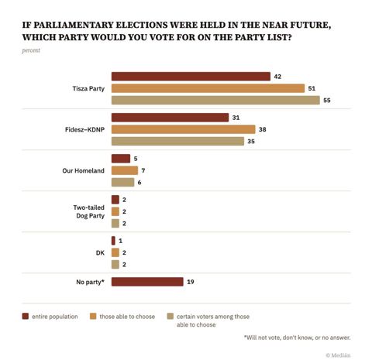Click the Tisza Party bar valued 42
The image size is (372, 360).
tap(191, 77)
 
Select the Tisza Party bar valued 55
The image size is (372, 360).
tap(215, 100)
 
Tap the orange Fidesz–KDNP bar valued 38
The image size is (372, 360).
tap(184, 129)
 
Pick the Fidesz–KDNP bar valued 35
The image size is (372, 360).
tap(177, 141)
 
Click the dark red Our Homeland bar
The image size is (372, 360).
tap(121, 159)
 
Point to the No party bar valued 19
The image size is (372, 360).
tap(147, 282)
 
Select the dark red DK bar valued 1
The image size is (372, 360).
tap(113, 241)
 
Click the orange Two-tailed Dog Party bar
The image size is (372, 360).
tap(115, 211)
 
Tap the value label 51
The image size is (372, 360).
tap(312, 88)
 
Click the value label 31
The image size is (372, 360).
tap(236, 118)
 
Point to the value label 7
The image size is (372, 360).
tap(143, 170)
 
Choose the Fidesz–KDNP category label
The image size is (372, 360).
tap(84, 129)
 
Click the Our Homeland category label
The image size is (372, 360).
tap(83, 170)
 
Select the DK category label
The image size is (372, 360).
tap(100, 252)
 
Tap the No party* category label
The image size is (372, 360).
tap(90, 282)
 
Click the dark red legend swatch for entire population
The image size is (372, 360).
tap(26, 316)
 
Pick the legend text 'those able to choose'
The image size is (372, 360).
tap(127, 317)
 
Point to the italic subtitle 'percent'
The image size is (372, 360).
tap(31, 50)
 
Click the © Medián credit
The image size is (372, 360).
tap(338, 355)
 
